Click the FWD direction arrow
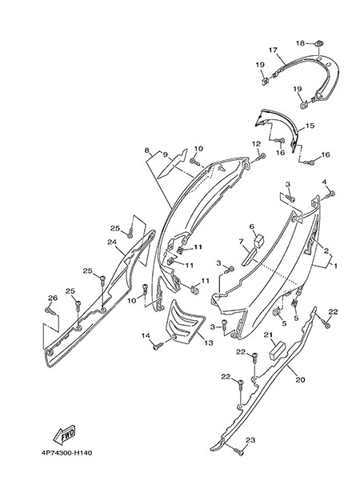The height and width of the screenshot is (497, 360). [x=64, y=435]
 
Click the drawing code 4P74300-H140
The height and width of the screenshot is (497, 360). [x=67, y=453]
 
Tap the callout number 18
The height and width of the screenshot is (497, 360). [x=300, y=43]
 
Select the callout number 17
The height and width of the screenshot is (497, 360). [x=273, y=50]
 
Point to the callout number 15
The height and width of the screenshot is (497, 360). [x=310, y=126]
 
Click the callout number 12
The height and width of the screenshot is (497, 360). [x=256, y=144]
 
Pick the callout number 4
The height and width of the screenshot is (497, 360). [x=324, y=182]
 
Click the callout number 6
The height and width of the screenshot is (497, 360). [x=252, y=226]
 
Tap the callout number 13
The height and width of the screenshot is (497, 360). [x=209, y=343]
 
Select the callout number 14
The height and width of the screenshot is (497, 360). [x=146, y=335]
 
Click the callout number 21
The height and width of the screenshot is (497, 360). [x=269, y=335]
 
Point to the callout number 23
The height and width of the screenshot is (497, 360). [x=250, y=440]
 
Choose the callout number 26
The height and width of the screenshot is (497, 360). [x=53, y=298]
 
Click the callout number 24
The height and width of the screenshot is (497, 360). [x=112, y=242]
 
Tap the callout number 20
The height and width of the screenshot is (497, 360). [x=300, y=379]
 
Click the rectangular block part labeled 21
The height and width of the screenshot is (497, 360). [x=277, y=351]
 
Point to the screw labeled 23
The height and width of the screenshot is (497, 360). [x=238, y=451]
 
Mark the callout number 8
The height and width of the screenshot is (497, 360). [x=146, y=150]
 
